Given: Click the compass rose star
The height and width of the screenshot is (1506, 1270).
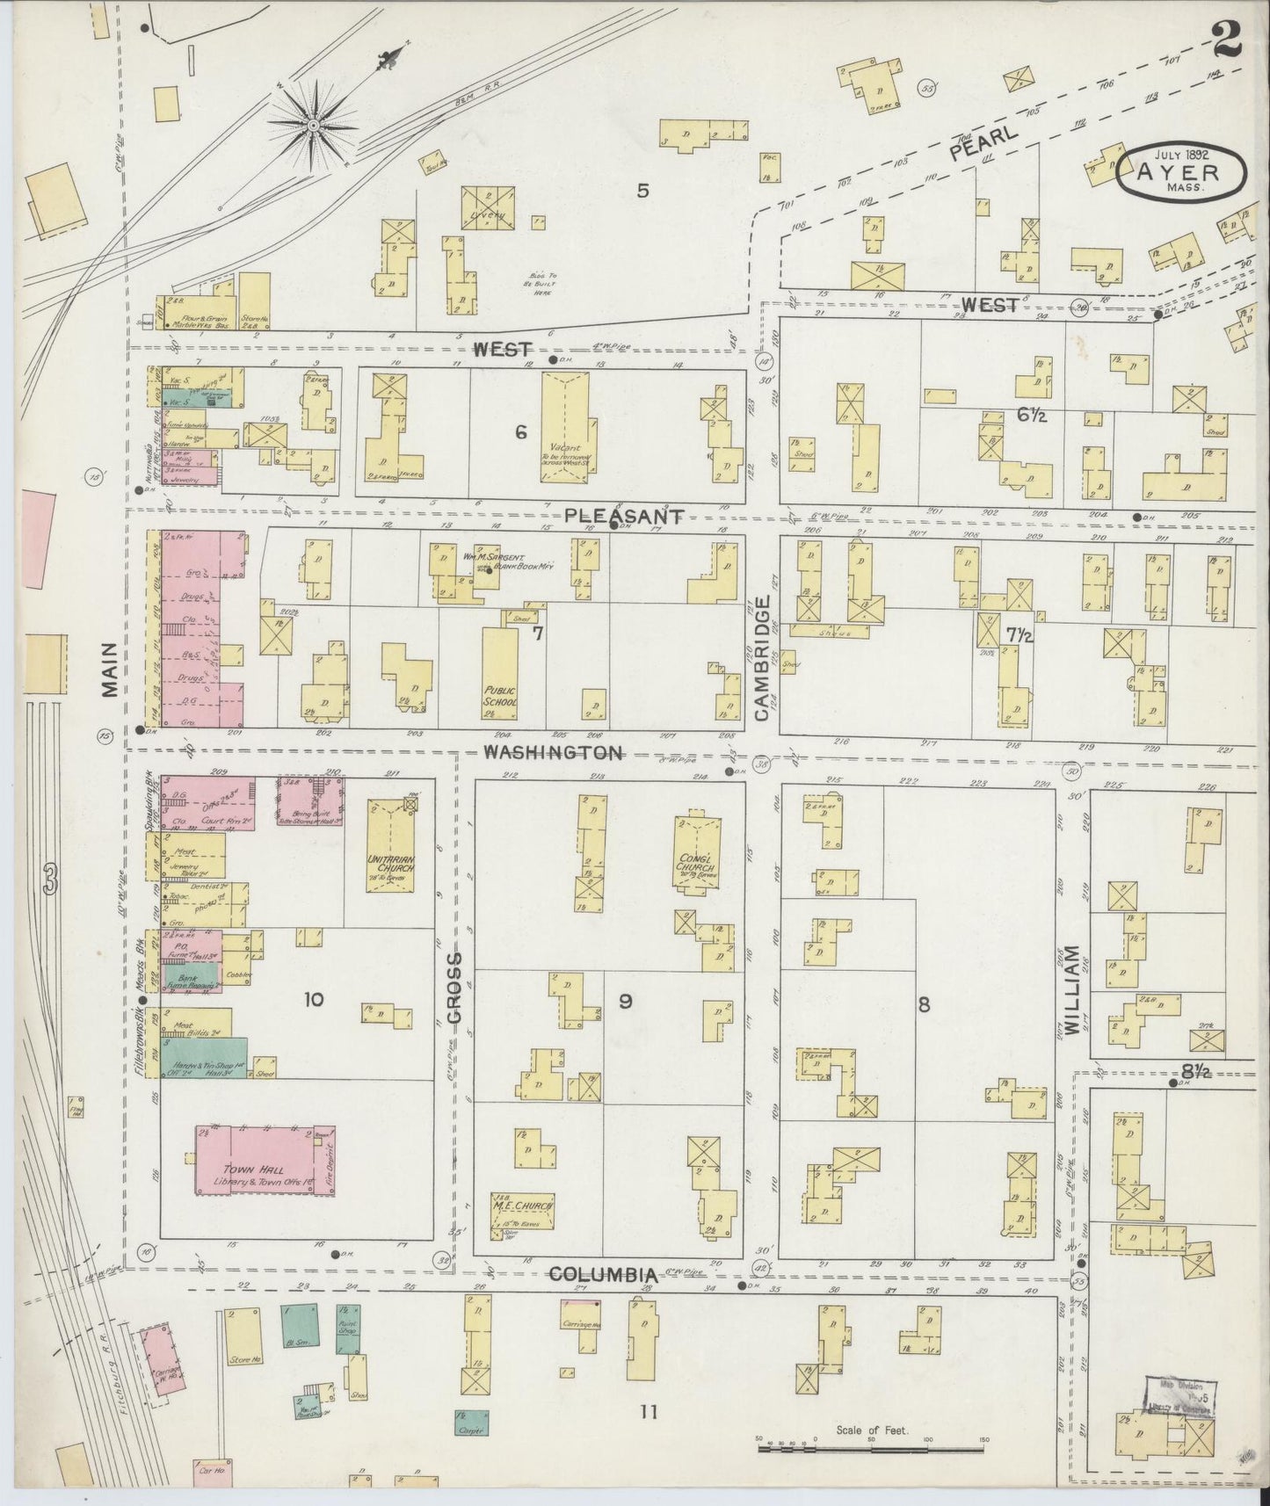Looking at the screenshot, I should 313,127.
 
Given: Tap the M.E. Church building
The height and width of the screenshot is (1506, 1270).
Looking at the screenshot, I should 523,1213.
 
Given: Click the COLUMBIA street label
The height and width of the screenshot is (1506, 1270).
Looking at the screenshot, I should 603,1275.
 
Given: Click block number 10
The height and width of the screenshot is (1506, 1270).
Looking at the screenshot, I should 313,999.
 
